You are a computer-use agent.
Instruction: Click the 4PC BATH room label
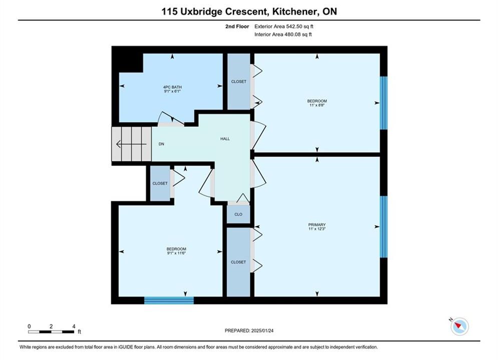[173, 87]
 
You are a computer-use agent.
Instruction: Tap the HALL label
[225, 138]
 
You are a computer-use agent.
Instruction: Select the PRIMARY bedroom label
[317, 224]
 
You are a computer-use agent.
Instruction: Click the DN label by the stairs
[161, 144]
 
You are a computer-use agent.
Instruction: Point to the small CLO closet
[238, 214]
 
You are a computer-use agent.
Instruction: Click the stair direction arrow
[132, 144]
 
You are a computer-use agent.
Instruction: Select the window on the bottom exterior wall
[169, 300]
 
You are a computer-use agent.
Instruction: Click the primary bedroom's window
[384, 227]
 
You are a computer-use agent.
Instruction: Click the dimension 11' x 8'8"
[317, 105]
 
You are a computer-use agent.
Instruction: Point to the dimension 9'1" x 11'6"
[176, 253]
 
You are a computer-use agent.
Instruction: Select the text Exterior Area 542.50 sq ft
[284, 26]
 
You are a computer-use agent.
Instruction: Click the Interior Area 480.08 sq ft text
[283, 34]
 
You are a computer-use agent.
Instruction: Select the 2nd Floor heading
[237, 26]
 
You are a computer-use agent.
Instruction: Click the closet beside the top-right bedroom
[239, 81]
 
